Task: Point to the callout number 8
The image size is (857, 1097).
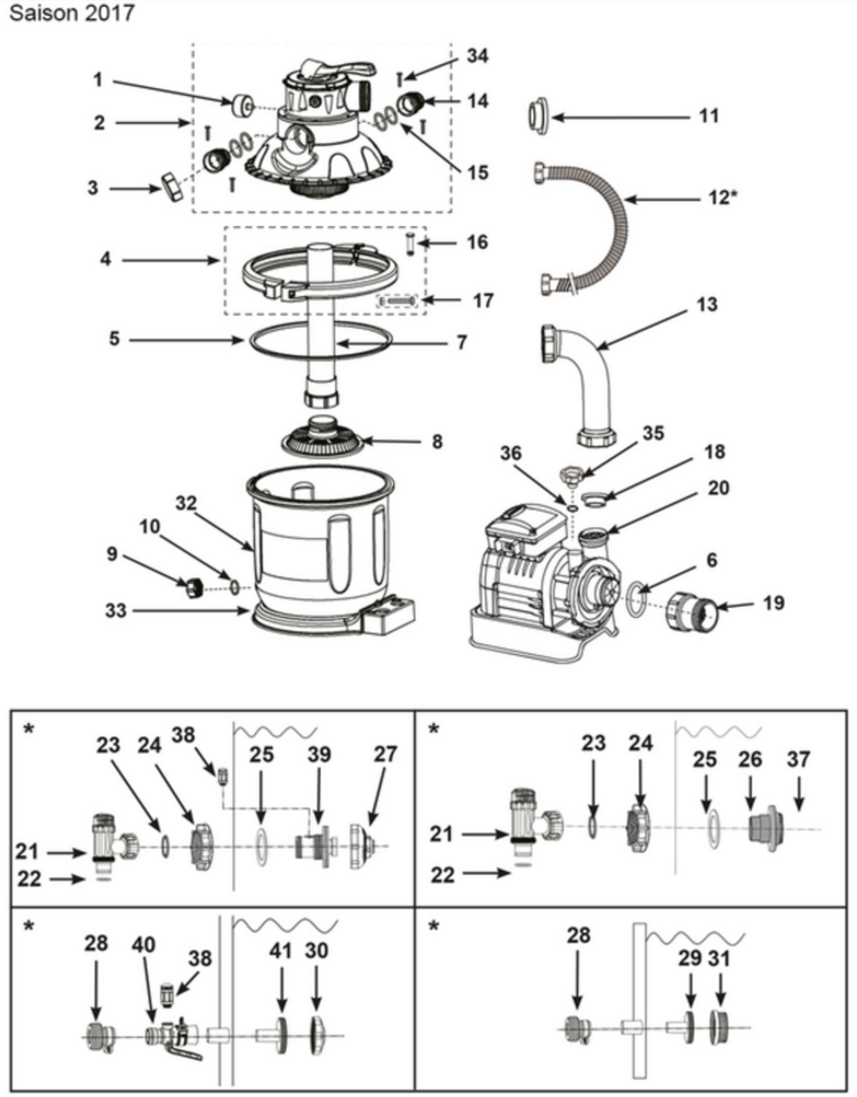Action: (437, 440)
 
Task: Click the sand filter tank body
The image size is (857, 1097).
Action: (318, 544)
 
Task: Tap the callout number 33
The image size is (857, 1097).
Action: (115, 610)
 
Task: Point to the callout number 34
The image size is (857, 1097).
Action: (477, 55)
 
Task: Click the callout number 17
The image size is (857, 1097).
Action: (483, 300)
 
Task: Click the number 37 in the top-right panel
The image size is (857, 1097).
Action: (798, 760)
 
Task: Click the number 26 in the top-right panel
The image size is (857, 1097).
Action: (750, 760)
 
